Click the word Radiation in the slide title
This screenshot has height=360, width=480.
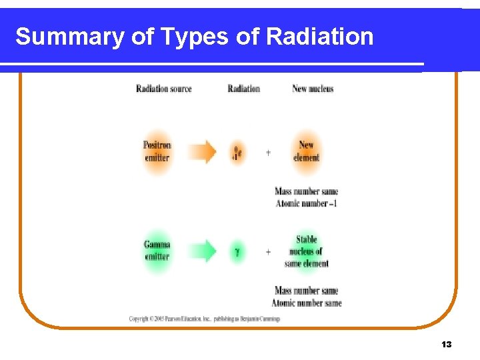coord(319,37)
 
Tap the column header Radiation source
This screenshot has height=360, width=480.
coord(163,89)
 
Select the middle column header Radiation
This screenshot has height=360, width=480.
coord(243,89)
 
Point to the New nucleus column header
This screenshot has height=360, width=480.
coord(313,89)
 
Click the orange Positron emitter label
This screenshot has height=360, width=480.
coord(157,152)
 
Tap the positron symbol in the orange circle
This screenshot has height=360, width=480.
coord(237,153)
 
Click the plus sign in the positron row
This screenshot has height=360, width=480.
coord(268,153)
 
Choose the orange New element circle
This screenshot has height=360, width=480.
coord(306,152)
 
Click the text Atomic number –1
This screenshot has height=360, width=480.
coord(306,203)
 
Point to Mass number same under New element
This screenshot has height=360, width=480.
coord(306,192)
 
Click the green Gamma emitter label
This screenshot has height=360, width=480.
coord(157,251)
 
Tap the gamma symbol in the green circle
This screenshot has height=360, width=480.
coord(237,252)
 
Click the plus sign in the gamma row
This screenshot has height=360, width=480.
coord(268,252)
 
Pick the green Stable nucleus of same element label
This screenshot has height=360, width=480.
coord(306,251)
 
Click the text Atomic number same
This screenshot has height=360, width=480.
coord(306,303)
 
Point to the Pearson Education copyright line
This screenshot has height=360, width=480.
coord(204,319)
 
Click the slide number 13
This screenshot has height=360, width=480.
coord(446,345)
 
